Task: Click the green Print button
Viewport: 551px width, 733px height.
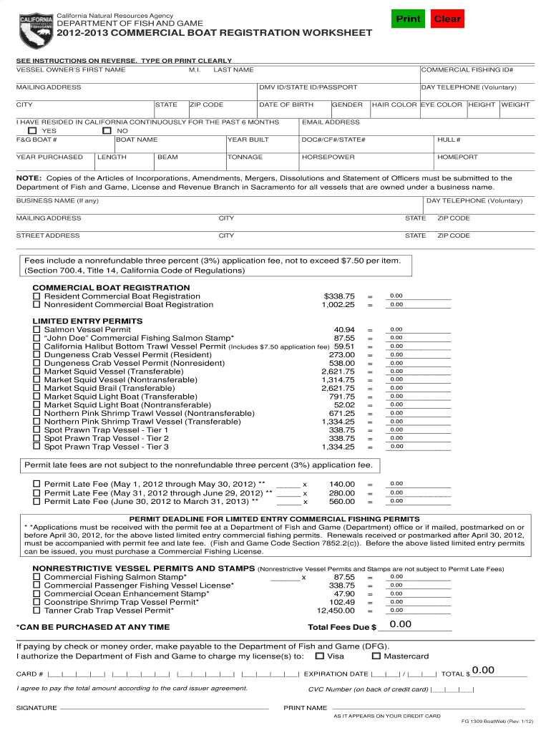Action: coord(409,19)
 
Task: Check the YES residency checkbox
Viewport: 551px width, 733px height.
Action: coord(31,131)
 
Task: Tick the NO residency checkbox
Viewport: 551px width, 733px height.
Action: coord(107,131)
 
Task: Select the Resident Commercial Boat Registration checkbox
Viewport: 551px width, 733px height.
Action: coord(36,296)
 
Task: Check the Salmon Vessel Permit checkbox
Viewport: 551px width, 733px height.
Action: coord(36,329)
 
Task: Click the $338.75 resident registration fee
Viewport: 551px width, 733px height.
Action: coord(339,296)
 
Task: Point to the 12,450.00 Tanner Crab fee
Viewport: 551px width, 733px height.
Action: coord(336,611)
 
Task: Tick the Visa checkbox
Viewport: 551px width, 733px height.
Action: coord(319,656)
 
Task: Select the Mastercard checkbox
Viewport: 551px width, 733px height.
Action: coord(376,656)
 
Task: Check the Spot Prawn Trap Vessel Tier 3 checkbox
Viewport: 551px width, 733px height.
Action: coord(36,447)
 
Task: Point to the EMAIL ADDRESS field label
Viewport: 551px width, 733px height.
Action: coord(331,122)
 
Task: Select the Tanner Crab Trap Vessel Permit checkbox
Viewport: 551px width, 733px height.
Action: coord(36,611)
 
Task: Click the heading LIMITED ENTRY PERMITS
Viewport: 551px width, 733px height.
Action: coord(87,321)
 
